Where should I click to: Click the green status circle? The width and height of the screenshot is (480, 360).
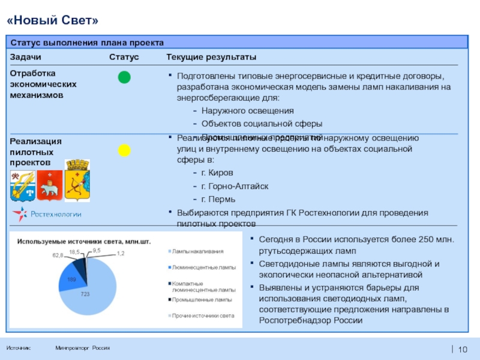coord(124,77)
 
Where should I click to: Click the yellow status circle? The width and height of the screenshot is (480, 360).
coord(124,150)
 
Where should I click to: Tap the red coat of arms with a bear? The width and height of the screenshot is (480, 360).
coord(50,185)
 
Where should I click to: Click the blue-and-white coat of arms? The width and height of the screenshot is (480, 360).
coord(22,184)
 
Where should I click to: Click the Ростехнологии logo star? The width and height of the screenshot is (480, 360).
coord(20,214)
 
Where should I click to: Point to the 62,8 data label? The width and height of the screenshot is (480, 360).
coord(58,255)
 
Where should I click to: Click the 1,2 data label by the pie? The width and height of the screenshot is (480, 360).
coord(121,254)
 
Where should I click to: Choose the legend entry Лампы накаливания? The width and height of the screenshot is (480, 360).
coord(197,251)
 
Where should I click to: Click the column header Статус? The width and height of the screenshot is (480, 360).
coord(124,57)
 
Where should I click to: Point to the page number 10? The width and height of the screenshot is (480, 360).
coord(462,350)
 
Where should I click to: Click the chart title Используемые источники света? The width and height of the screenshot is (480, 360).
coord(84,241)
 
